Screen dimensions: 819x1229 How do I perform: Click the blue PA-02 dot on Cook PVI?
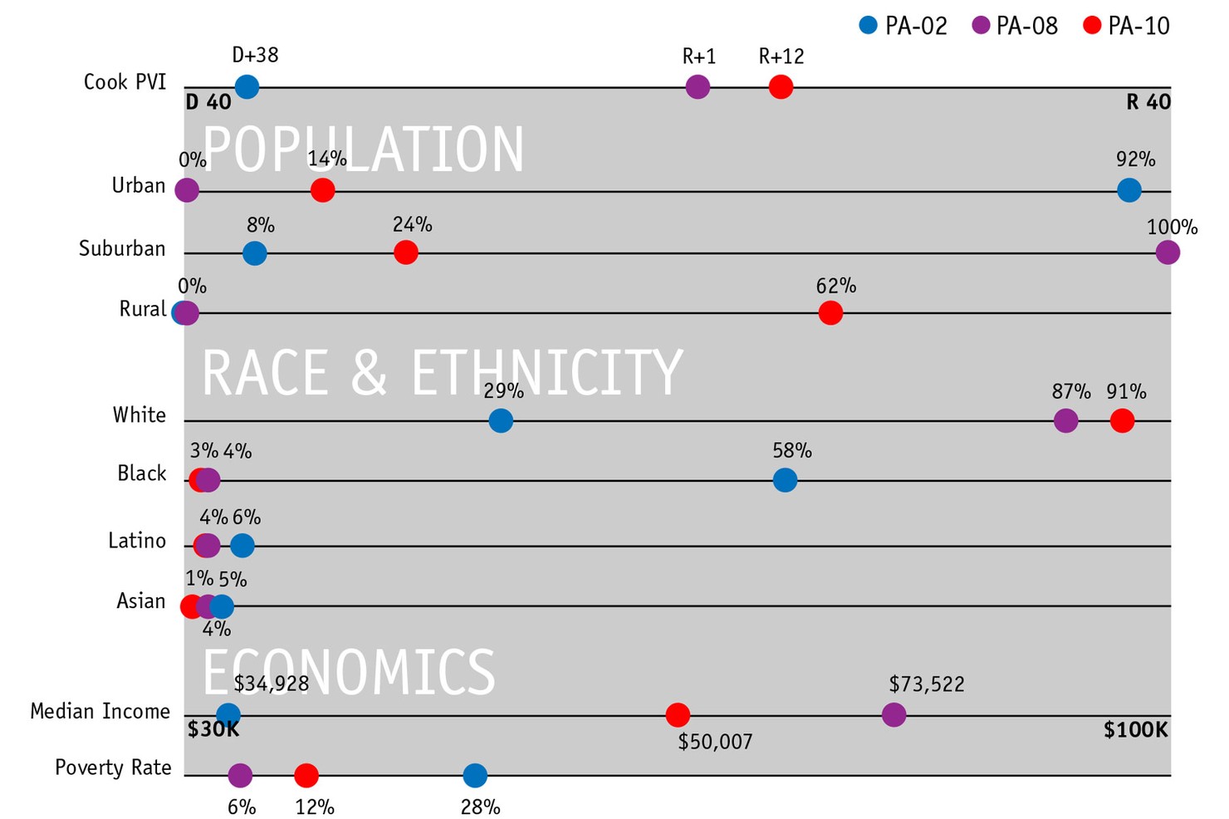pyautogui.click(x=247, y=86)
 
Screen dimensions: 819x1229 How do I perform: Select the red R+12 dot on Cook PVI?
pyautogui.click(x=781, y=86)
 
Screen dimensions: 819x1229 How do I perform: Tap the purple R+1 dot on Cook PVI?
pyautogui.click(x=698, y=86)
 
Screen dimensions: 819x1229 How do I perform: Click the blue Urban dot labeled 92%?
pyautogui.click(x=1129, y=190)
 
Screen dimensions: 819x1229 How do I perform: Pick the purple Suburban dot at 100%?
pyautogui.click(x=1167, y=253)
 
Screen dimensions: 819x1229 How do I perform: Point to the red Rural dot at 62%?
pyautogui.click(x=830, y=313)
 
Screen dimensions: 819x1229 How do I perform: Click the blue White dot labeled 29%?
pyautogui.click(x=500, y=421)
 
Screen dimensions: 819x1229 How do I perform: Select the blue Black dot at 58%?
pyautogui.click(x=785, y=480)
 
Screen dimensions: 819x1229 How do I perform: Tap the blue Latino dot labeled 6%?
pyautogui.click(x=242, y=546)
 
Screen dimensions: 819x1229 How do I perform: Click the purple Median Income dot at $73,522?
pyautogui.click(x=894, y=714)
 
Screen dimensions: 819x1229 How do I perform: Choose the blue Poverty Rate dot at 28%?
pyautogui.click(x=474, y=776)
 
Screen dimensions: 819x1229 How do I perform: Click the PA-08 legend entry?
pyautogui.click(x=1016, y=27)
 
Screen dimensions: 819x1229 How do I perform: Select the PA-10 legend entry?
pyautogui.click(x=1127, y=27)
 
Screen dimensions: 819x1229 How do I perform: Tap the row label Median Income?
pyautogui.click(x=100, y=712)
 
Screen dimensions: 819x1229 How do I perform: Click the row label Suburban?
pyautogui.click(x=122, y=249)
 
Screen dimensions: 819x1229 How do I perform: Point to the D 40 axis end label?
pyautogui.click(x=208, y=103)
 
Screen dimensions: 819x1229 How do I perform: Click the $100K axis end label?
pyautogui.click(x=1135, y=731)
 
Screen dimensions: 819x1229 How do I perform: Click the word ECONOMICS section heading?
pyautogui.click(x=349, y=672)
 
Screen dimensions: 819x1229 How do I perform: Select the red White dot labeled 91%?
pyautogui.click(x=1122, y=421)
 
